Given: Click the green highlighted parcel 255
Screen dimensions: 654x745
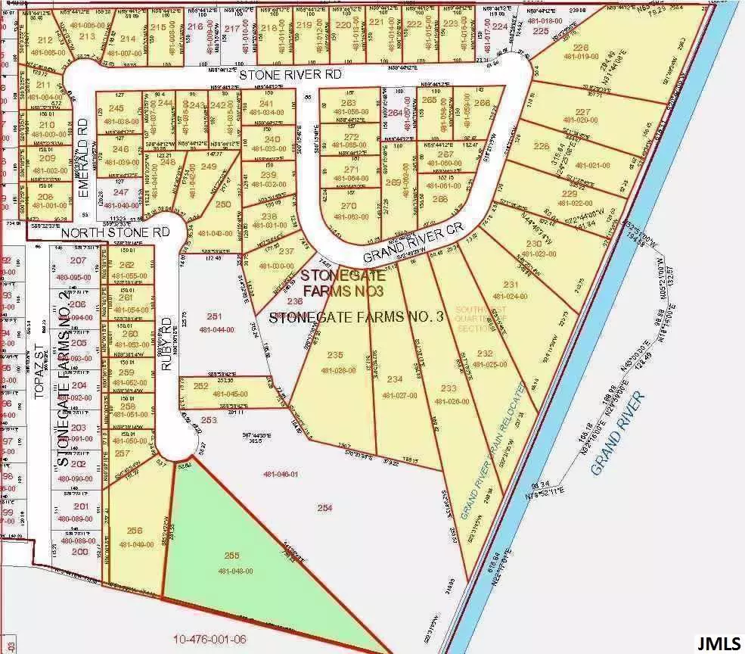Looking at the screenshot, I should pos(227,560).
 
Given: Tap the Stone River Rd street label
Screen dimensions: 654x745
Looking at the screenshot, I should pos(291,75).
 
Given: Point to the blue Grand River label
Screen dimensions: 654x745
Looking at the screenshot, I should pos(617,434).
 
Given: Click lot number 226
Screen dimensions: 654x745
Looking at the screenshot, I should pos(580,48).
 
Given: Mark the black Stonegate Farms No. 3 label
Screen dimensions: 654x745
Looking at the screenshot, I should pos(355,317).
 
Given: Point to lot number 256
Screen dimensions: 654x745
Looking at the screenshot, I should pos(135,531).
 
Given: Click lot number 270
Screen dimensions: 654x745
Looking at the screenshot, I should pos(348,206).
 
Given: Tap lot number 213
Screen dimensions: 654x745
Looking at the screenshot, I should pos(86,36).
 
